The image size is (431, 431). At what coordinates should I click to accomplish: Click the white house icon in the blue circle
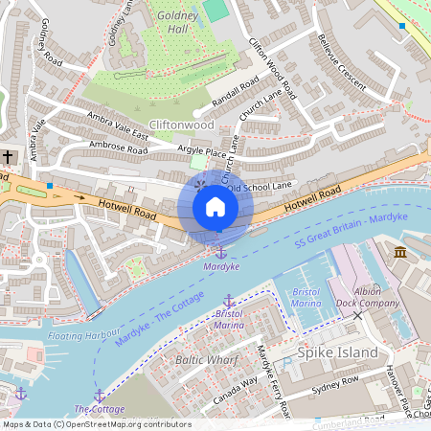(215, 207)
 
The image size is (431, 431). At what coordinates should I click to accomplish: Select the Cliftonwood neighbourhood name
(182, 125)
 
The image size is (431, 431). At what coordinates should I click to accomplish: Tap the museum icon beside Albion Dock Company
(399, 251)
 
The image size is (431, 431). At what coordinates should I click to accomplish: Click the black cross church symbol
(8, 155)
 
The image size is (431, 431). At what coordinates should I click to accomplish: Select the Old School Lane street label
(261, 188)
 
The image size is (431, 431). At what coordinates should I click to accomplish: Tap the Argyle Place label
(202, 152)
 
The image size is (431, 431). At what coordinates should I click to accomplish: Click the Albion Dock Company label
(368, 296)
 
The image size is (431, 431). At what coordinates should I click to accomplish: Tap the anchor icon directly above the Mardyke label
(220, 252)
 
